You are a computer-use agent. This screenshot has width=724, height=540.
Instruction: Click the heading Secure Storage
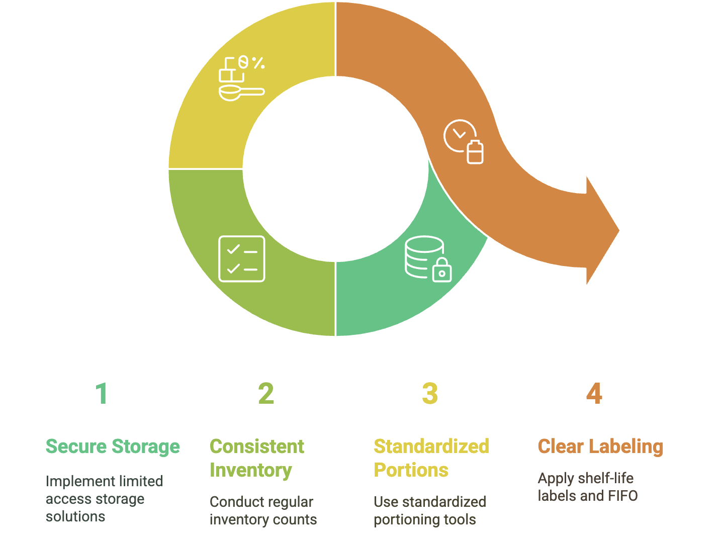[x=113, y=446]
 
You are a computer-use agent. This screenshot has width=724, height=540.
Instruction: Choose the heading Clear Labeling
[x=600, y=446]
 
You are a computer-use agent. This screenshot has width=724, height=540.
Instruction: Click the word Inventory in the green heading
[x=250, y=470]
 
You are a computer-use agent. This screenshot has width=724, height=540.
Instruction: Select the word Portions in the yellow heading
[x=411, y=470]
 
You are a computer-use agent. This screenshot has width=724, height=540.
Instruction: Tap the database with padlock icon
[x=428, y=258]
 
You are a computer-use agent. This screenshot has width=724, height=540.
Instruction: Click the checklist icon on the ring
[x=242, y=258]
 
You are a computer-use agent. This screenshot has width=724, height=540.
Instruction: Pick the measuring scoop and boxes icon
[x=241, y=78]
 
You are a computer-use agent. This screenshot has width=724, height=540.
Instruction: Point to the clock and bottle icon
[x=464, y=141]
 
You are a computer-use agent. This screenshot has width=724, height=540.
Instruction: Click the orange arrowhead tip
[x=617, y=231]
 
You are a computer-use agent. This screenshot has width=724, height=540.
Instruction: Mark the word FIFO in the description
[x=622, y=496]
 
